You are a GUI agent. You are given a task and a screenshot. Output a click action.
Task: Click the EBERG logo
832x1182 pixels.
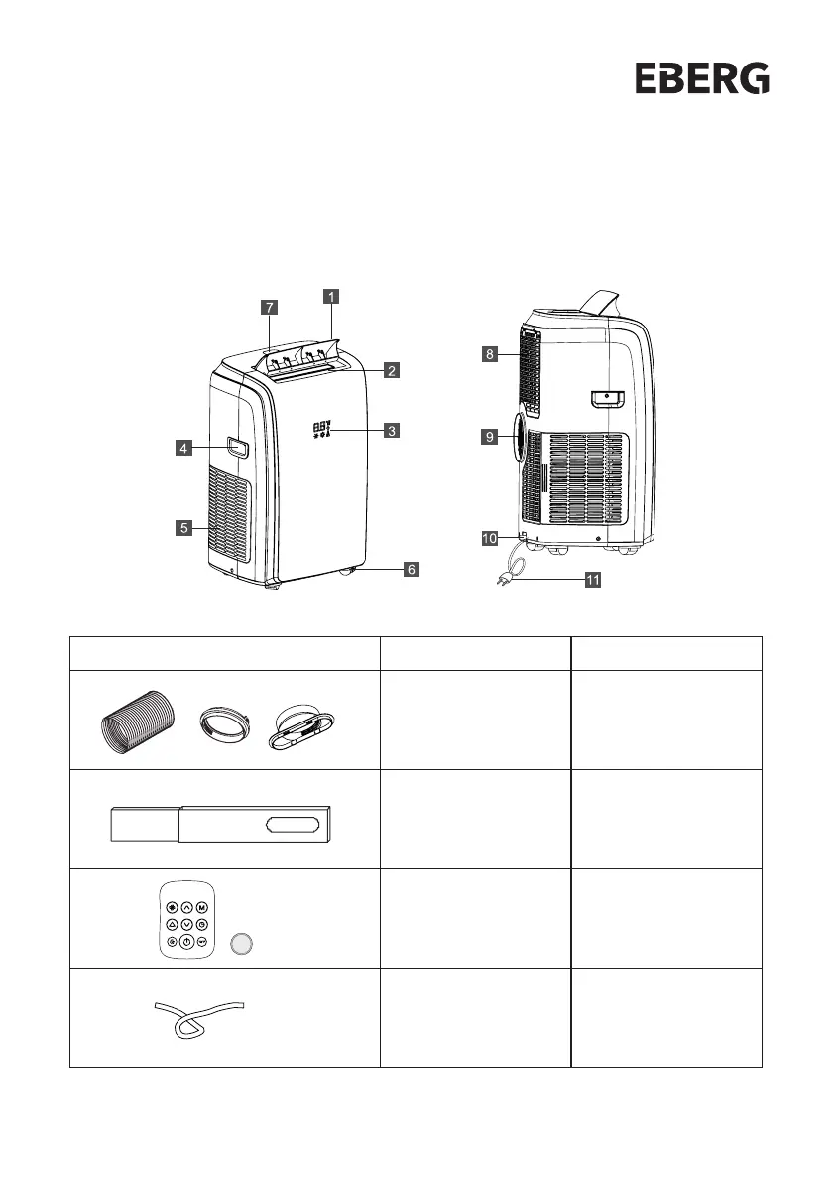click(702, 78)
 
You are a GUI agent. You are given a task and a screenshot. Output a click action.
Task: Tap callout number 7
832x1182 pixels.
click(269, 307)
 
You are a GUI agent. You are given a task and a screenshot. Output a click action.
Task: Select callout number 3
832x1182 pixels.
click(393, 431)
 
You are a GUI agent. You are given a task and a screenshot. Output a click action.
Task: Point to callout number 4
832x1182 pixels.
click(183, 448)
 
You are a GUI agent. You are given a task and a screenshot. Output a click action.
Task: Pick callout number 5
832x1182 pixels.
click(183, 528)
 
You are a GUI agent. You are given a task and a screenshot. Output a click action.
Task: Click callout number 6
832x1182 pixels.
click(410, 570)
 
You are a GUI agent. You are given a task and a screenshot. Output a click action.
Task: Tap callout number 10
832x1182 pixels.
click(489, 538)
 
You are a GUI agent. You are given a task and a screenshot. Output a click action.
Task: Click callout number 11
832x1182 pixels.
click(592, 581)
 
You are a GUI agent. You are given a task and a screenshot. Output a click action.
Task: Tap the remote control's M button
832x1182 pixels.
click(201, 907)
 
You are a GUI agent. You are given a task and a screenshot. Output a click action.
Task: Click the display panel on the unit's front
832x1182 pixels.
click(323, 430)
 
